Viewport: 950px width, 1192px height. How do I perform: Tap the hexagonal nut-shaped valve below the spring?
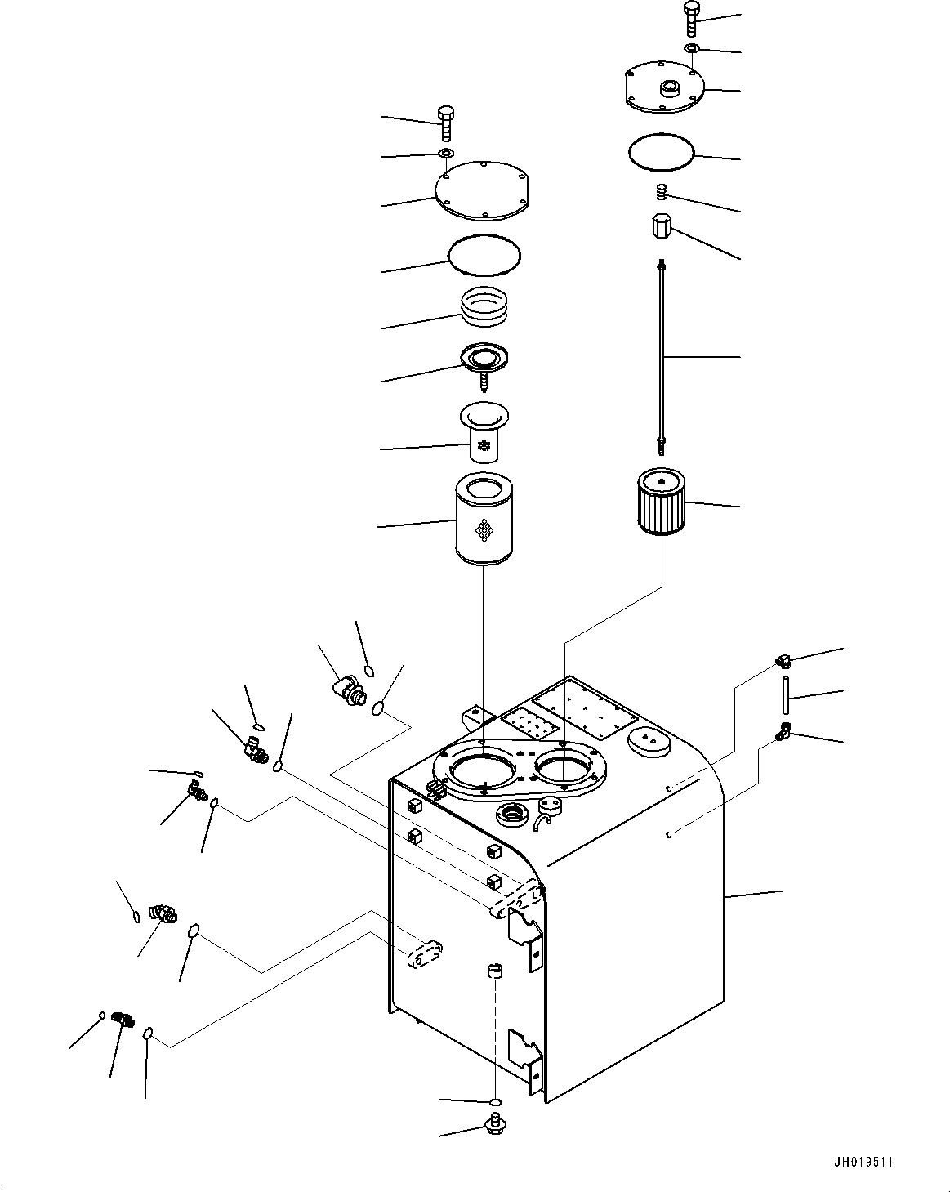(662, 226)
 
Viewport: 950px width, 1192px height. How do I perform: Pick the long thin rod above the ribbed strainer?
(662, 357)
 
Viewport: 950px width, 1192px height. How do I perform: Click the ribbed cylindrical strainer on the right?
(662, 502)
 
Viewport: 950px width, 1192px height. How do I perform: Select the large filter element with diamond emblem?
(484, 519)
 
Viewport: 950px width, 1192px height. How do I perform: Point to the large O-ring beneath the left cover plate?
(484, 255)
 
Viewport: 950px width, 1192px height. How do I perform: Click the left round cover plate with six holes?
(481, 190)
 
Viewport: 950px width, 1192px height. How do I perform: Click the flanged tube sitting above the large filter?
(484, 431)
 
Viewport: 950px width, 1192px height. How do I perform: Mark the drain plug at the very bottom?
(494, 1123)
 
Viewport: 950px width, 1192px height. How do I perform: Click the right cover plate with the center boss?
(664, 87)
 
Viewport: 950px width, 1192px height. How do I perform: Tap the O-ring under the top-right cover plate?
(662, 150)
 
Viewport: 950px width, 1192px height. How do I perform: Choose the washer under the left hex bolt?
(446, 153)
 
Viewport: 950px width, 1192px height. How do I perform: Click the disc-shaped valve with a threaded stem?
(484, 366)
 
